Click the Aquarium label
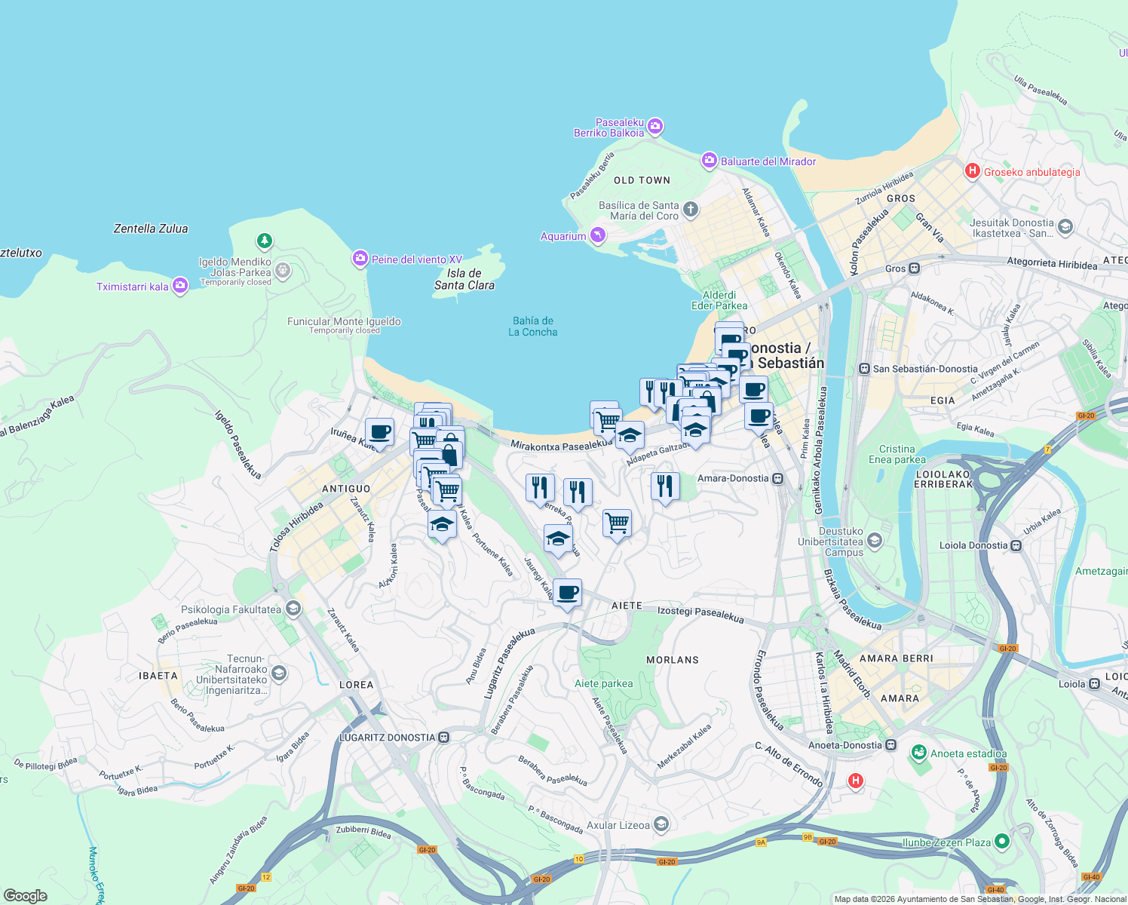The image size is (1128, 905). (563, 236)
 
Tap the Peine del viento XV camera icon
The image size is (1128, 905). (360, 259)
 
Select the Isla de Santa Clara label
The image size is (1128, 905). (464, 279)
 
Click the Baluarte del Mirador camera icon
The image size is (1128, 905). (709, 161)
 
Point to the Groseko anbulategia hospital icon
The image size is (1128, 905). (972, 171)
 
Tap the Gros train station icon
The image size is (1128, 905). (914, 268)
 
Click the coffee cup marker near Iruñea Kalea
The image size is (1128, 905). (380, 432)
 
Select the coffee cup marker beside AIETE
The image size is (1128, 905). (567, 592)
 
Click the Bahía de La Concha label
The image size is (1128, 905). (532, 327)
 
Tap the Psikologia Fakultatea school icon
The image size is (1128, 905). (293, 609)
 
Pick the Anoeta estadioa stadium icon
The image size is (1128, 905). (918, 753)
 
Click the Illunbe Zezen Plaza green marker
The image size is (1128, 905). (1001, 841)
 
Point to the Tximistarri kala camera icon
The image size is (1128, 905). (179, 286)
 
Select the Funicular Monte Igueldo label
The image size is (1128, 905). (344, 321)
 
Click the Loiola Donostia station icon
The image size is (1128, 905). (1016, 545)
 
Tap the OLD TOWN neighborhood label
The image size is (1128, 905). (642, 180)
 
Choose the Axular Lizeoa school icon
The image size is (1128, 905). (661, 824)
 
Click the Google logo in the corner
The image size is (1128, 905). (25, 896)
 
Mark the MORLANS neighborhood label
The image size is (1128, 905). (673, 660)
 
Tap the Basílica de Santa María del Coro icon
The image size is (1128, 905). (691, 210)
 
